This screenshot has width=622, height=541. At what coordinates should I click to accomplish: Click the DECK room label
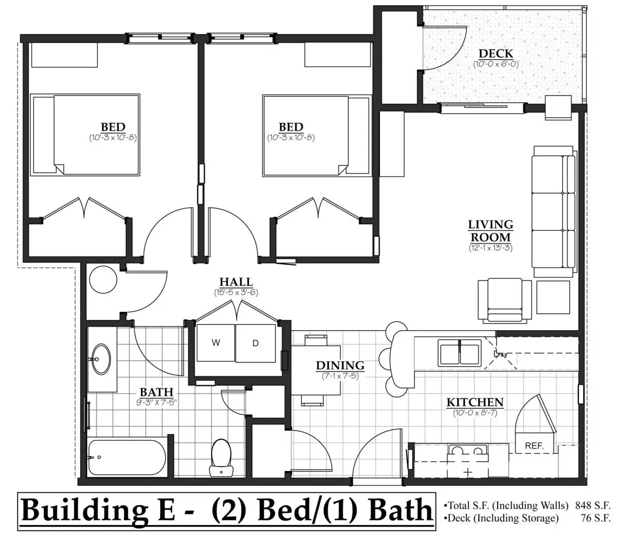496,54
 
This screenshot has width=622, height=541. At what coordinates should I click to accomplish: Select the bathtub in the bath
127,457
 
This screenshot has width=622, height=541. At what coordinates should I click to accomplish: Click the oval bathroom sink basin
101,359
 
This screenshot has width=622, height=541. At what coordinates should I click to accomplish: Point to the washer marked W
216,343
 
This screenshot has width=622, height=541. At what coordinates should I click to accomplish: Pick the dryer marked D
255,343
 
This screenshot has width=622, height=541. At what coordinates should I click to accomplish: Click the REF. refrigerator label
534,446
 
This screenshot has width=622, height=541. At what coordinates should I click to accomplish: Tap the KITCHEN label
475,403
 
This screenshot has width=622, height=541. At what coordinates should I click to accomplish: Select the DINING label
340,366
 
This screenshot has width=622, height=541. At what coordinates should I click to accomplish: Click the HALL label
236,282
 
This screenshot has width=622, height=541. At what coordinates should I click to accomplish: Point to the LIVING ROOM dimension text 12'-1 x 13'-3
491,248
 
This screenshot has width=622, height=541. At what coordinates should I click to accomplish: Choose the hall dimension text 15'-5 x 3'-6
236,293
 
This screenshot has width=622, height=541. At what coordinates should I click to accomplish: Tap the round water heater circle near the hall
103,280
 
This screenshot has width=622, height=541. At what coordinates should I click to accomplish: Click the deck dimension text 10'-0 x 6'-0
496,64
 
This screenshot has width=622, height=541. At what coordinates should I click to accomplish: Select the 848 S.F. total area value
592,505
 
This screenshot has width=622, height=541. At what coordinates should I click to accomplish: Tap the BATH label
157,392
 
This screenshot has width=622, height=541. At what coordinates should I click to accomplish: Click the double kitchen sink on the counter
459,353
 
